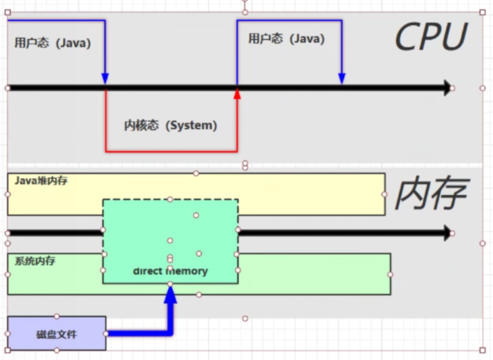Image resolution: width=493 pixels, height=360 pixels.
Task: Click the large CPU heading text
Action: click(x=431, y=38)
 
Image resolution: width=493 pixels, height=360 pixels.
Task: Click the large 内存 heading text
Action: click(x=431, y=194)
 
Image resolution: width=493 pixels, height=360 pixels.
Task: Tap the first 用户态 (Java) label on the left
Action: click(x=52, y=43)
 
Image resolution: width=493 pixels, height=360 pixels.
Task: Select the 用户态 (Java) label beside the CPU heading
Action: click(x=286, y=39)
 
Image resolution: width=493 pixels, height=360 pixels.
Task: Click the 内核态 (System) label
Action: click(x=170, y=126)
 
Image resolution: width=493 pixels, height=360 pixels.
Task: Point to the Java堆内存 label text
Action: click(x=41, y=181)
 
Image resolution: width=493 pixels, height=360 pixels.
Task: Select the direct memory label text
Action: click(x=170, y=271)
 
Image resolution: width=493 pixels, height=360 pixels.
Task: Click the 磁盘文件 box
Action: click(x=57, y=333)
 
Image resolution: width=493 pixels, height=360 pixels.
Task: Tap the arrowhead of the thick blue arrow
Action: click(x=170, y=293)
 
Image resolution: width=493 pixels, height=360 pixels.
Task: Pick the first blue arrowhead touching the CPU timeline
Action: click(x=105, y=78)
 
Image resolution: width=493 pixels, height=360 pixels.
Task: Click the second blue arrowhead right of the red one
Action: click(x=341, y=78)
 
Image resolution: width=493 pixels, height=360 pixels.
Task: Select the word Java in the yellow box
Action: click(x=25, y=181)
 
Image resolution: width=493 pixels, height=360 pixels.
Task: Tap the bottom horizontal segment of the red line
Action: click(x=171, y=151)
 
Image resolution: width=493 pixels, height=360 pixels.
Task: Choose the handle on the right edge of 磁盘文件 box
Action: click(x=106, y=333)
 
